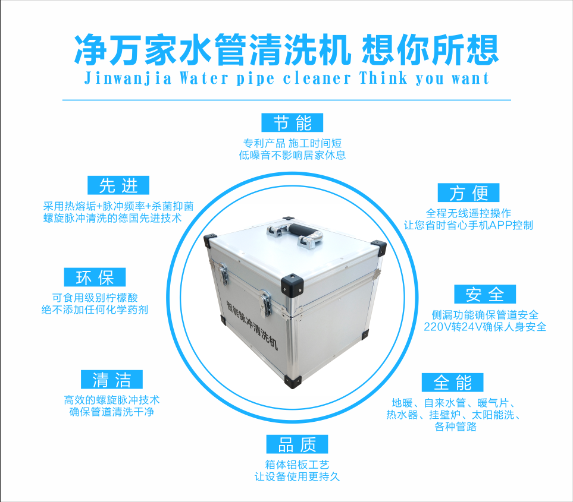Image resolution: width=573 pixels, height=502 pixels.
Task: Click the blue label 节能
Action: [x=292, y=122]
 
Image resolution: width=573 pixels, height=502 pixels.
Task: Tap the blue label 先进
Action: [x=118, y=185]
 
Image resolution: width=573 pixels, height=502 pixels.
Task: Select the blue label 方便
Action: [x=468, y=192]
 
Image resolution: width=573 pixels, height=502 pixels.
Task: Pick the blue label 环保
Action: [x=95, y=277]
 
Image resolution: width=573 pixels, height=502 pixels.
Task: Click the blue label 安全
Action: [x=485, y=294]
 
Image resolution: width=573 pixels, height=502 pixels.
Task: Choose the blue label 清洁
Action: [x=112, y=380]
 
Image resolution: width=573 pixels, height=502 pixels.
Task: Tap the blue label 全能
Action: [x=452, y=383]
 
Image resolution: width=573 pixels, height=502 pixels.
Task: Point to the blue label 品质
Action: [x=297, y=444]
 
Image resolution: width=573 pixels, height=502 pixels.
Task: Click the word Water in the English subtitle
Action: [x=203, y=78]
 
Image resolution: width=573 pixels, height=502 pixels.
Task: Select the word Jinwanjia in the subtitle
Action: [x=128, y=78]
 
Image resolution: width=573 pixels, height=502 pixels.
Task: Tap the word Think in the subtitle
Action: [x=383, y=78]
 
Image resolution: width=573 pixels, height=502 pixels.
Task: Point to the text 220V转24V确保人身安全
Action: [x=485, y=327]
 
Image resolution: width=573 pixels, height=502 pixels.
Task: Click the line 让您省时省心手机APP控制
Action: [x=468, y=226]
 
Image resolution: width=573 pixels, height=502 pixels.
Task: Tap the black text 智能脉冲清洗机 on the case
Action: [x=252, y=324]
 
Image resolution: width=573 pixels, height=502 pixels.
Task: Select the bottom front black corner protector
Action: [x=293, y=381]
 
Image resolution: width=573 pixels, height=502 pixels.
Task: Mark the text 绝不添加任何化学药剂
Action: [x=95, y=310]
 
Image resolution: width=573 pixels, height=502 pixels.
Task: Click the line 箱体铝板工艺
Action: [x=297, y=465]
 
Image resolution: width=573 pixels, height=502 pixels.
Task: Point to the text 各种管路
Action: [x=455, y=427]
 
